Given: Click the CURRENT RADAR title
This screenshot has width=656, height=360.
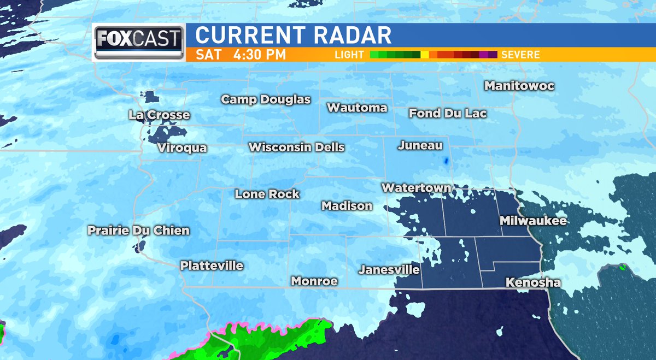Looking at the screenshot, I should tap(293, 36).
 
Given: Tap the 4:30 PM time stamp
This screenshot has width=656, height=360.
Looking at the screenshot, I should tap(255, 55).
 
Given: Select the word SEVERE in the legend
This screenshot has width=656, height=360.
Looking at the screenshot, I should tap(520, 55).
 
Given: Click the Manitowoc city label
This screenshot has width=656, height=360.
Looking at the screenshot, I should tap(519, 86).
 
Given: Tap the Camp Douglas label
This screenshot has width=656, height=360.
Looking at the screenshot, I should tap(266, 100).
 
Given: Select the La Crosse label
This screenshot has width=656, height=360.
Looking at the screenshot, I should tap(160, 115).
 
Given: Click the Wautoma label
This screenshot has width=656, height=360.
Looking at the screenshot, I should tap(357, 108).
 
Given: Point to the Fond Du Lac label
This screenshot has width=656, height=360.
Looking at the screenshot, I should tap(448, 114).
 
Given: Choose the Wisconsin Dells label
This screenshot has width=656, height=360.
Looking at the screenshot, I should tap(296, 147).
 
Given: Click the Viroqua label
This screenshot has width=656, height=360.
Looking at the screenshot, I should tap(182, 148).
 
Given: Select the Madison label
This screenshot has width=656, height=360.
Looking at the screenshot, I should tap(347, 206).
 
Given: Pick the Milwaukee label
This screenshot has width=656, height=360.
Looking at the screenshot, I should tap(533, 221).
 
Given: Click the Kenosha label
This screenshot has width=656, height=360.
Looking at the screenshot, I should tap(533, 283).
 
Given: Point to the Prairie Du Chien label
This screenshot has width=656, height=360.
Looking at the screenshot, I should tap(139, 231).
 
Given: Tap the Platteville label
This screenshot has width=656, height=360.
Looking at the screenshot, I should tap(212, 266).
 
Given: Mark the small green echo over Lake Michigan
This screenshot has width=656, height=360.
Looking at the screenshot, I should tap(622, 267).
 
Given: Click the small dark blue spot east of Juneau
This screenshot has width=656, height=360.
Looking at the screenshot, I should tap(446, 161).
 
